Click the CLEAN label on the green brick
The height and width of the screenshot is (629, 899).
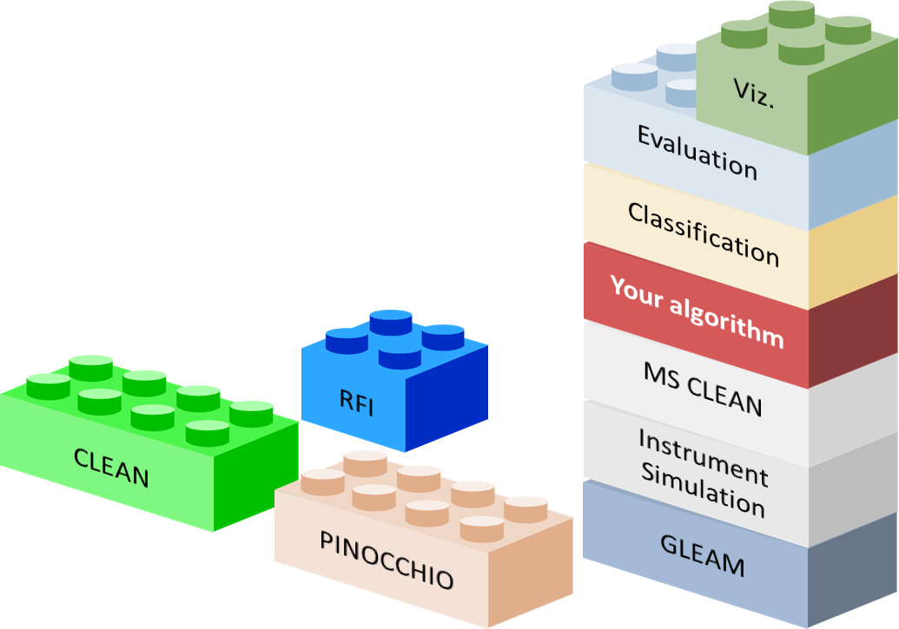pyautogui.click(x=111, y=466)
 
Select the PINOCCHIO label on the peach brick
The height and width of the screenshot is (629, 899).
pyautogui.click(x=387, y=560)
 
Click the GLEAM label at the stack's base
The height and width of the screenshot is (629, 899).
pyautogui.click(x=702, y=555)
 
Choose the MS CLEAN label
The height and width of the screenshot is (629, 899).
pyautogui.click(x=703, y=388)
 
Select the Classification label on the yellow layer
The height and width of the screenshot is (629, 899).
pyautogui.click(x=703, y=233)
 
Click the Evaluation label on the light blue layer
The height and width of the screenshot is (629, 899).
pyautogui.click(x=697, y=152)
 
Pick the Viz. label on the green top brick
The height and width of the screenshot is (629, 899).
pyautogui.click(x=753, y=94)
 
